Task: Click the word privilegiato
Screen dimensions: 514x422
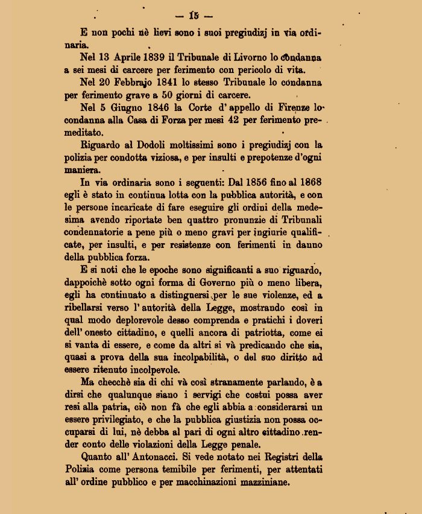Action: tap(119, 421)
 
